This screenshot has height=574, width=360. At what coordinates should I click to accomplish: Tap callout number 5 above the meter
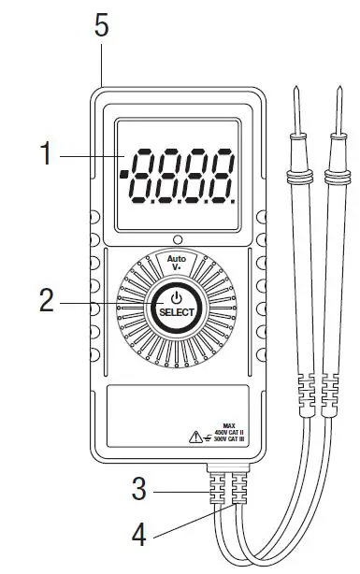(102, 25)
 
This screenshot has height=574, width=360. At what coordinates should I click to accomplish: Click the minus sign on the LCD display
(123, 174)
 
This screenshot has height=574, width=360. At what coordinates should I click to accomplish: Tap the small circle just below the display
(176, 239)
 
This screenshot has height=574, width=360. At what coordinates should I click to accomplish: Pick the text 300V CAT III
(227, 438)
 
